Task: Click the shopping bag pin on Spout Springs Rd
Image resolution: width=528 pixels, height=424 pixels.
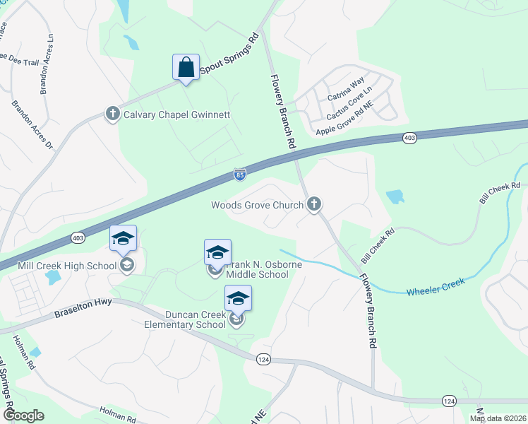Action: pos(186,68)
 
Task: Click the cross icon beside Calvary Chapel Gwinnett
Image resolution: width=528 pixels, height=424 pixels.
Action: pos(112,114)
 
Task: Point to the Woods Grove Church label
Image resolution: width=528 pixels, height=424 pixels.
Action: pos(258,206)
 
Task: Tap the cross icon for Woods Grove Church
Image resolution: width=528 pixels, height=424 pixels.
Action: pos(314,205)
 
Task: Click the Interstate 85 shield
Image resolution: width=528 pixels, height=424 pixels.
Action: pos(240,173)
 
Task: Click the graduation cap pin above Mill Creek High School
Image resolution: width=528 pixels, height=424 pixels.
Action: pos(124,239)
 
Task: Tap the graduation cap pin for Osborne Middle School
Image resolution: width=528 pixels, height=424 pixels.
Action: pos(217,252)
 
